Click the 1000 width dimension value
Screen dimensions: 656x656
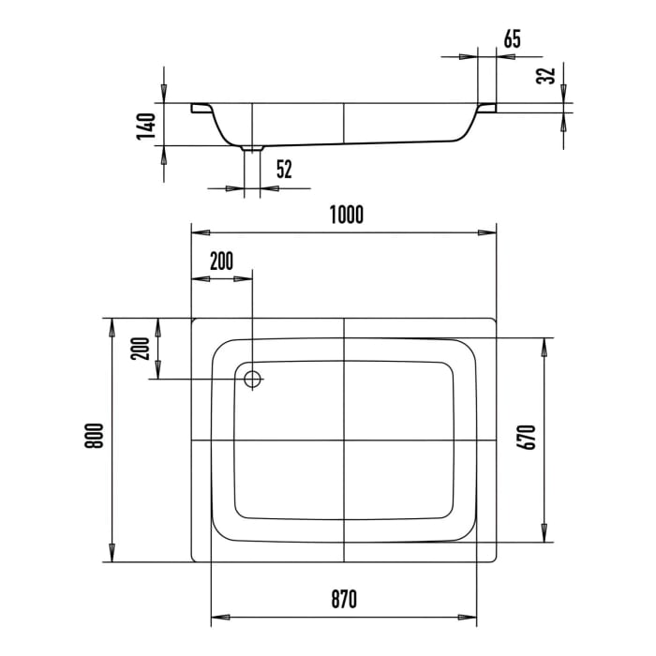point(345,215)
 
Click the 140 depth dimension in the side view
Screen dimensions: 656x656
point(144,126)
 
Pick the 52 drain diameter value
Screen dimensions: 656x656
point(283,170)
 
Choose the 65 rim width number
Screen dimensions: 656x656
point(512,39)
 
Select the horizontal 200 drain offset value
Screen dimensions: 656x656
point(221,261)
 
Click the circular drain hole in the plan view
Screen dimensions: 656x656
point(252,380)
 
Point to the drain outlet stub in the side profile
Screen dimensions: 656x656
point(252,148)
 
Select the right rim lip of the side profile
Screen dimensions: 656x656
point(487,109)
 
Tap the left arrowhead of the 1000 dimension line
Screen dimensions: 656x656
point(198,231)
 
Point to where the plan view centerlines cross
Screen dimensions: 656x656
point(345,440)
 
